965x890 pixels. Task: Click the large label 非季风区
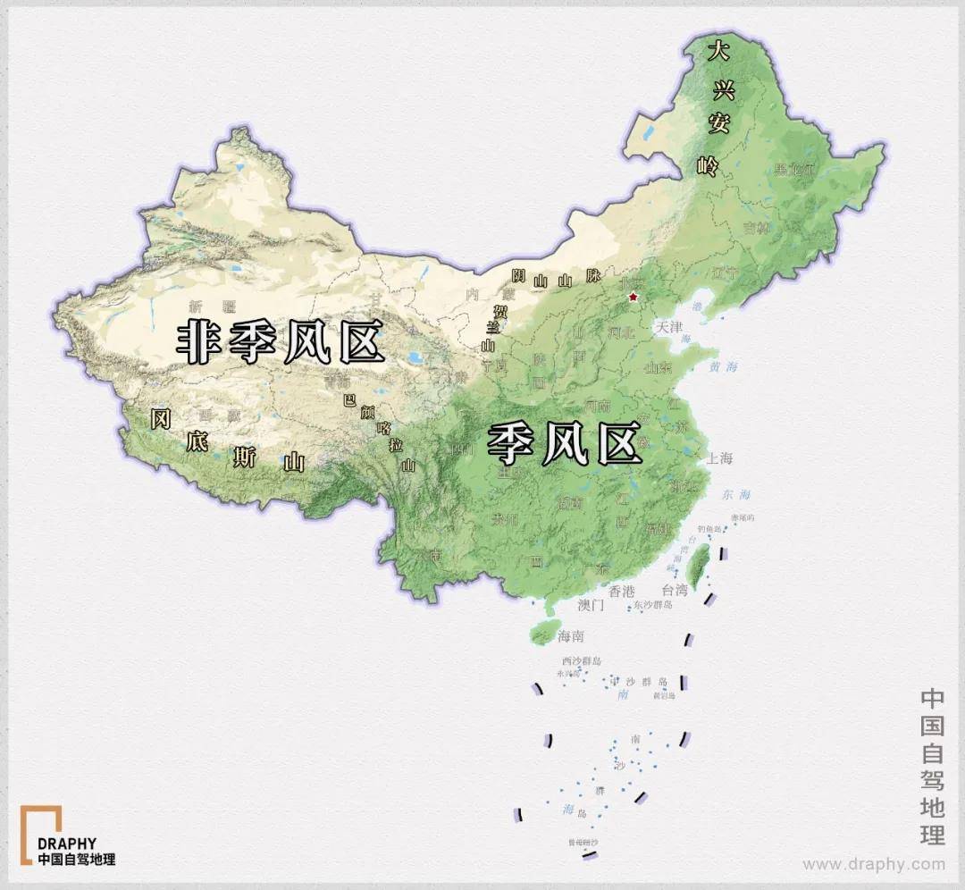tap(281, 343)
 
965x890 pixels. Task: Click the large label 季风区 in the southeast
tap(564, 443)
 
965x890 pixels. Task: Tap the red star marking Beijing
tap(634, 297)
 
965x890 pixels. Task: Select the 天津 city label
tap(669, 327)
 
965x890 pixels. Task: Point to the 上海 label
tap(719, 458)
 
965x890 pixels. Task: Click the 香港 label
tap(621, 591)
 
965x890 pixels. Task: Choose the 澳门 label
tap(591, 605)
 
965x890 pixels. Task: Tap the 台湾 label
tap(675, 590)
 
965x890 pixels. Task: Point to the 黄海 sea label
tap(725, 366)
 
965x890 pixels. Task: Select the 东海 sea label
tap(737, 494)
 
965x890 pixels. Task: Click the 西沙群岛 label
tap(581, 660)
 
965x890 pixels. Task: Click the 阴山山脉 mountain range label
tap(555, 279)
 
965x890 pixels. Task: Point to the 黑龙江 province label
tap(795, 168)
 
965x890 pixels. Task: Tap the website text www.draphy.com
tap(873, 864)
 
